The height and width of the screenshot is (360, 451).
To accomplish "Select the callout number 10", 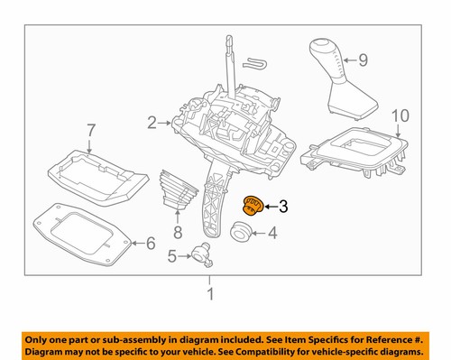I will [x=400, y=115].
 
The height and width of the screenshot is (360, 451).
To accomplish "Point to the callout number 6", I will [x=151, y=243].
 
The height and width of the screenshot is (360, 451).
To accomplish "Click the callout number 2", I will [x=152, y=119].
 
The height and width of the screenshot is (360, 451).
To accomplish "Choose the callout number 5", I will [x=173, y=256].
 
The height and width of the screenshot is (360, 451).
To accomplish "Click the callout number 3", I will [x=282, y=208].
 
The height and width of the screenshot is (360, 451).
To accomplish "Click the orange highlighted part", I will [x=253, y=207].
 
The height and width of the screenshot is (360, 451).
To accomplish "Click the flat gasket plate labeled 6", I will [x=81, y=235].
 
